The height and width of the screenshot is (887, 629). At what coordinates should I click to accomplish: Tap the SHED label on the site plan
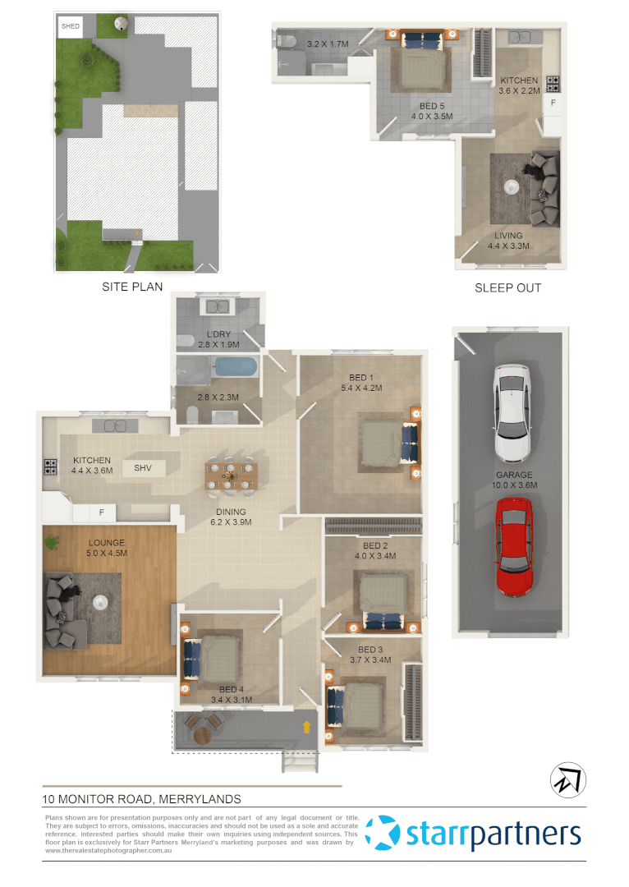point(70,26)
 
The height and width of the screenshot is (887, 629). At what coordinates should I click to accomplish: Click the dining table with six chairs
point(231,474)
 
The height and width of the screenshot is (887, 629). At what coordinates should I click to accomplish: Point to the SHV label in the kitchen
point(144,468)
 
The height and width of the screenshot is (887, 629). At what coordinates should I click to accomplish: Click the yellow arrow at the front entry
point(307,726)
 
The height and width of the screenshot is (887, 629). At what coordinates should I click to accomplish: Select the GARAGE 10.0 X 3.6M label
point(513,480)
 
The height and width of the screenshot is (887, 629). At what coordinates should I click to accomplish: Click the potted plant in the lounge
point(54,541)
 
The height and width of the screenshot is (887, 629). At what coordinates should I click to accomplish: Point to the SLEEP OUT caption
point(507,287)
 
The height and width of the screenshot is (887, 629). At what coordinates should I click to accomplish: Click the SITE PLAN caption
point(132,287)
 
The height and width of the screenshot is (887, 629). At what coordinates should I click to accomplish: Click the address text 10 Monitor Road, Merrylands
point(141,798)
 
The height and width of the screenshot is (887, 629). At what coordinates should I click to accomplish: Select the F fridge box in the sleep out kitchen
point(553,104)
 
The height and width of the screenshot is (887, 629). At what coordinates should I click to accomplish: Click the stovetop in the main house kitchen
point(50,467)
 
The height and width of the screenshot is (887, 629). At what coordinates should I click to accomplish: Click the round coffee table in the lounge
point(101,601)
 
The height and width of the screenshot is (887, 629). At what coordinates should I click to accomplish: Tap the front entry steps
point(300,763)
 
